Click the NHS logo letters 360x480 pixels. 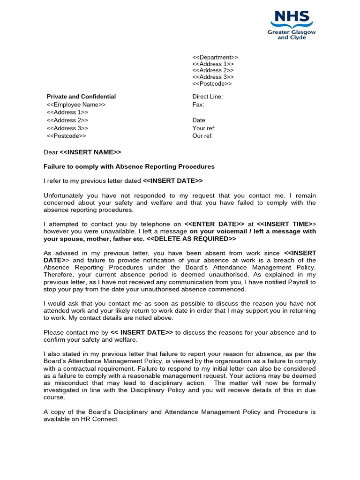tap(292, 18)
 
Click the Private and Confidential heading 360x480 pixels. tap(81, 97)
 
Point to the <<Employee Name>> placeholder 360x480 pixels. tap(76, 105)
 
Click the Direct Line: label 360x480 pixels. tap(208, 97)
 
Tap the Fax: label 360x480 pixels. tap(198, 105)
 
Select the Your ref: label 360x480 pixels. tap(204, 128)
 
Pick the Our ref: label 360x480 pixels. tap(202, 136)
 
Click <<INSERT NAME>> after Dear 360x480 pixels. tap(90, 152)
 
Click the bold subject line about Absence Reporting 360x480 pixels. tap(129, 166)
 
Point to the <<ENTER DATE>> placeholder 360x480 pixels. tap(214, 224)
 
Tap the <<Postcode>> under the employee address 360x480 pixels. tap(67, 136)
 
